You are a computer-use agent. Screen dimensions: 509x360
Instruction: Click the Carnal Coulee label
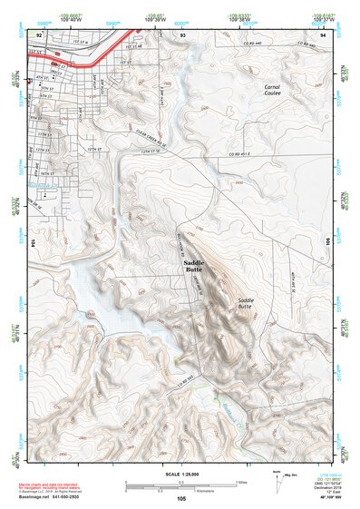(x=272, y=90)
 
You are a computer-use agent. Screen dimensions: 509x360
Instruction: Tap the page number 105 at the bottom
(x=181, y=498)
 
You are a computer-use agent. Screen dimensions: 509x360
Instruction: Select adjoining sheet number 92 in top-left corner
(x=39, y=34)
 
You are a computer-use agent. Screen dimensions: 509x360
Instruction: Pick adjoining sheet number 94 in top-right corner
(x=324, y=34)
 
